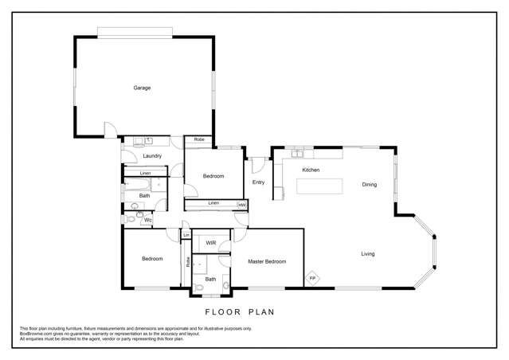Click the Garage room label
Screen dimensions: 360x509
(142, 88)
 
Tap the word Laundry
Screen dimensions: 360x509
(153, 156)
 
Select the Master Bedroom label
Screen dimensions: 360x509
(266, 261)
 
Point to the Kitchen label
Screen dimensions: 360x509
(311, 170)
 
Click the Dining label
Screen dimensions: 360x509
(370, 185)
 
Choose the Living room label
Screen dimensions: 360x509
(367, 254)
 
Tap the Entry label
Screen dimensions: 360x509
(258, 182)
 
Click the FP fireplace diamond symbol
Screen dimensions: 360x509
(313, 278)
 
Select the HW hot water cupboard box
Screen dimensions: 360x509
(241, 205)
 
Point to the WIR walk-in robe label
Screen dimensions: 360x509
(211, 242)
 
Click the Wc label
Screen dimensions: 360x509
(148, 220)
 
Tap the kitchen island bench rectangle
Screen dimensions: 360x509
(320, 186)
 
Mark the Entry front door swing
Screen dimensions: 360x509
(257, 165)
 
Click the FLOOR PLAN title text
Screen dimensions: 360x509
(239, 312)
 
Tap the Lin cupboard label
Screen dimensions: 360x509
(186, 235)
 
